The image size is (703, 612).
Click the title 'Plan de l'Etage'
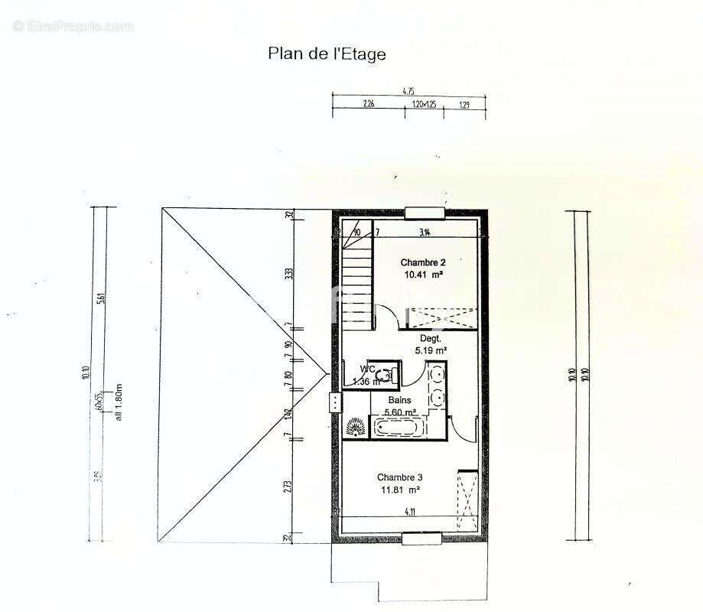click(x=327, y=54)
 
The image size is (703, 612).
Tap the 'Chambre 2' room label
click(x=423, y=263)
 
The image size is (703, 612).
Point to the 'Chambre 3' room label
click(x=399, y=477)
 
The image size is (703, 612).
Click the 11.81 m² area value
click(x=399, y=491)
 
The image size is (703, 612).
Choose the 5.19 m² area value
click(x=430, y=350)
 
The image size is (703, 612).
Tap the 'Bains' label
click(x=399, y=400)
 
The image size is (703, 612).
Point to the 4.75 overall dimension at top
click(x=408, y=91)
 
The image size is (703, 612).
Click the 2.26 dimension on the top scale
click(x=368, y=105)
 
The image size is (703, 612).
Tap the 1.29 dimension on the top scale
click(x=465, y=105)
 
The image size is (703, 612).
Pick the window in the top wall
click(x=425, y=213)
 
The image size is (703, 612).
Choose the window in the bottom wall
click(x=421, y=539)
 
